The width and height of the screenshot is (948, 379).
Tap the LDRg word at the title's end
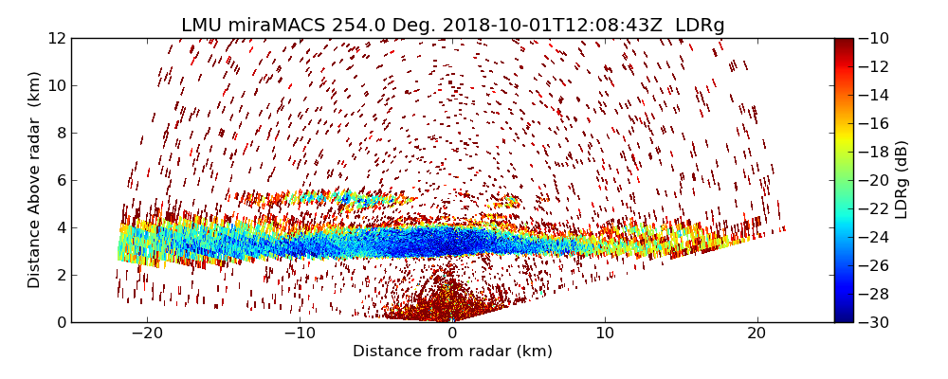(700, 26)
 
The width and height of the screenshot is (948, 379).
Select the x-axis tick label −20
(147, 334)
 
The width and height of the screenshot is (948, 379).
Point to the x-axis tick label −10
(300, 334)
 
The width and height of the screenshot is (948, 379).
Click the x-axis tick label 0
(452, 334)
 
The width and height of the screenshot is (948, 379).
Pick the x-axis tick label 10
(605, 334)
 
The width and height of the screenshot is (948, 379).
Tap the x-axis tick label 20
(757, 334)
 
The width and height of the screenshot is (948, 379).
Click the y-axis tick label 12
(57, 39)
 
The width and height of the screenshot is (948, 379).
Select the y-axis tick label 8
(61, 134)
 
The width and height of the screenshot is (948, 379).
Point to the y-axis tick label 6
(61, 181)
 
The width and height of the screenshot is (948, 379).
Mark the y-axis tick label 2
(61, 276)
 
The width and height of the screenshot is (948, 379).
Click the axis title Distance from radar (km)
(452, 352)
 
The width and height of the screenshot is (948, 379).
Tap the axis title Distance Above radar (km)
(35, 180)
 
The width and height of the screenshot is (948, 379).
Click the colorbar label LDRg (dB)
(902, 180)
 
